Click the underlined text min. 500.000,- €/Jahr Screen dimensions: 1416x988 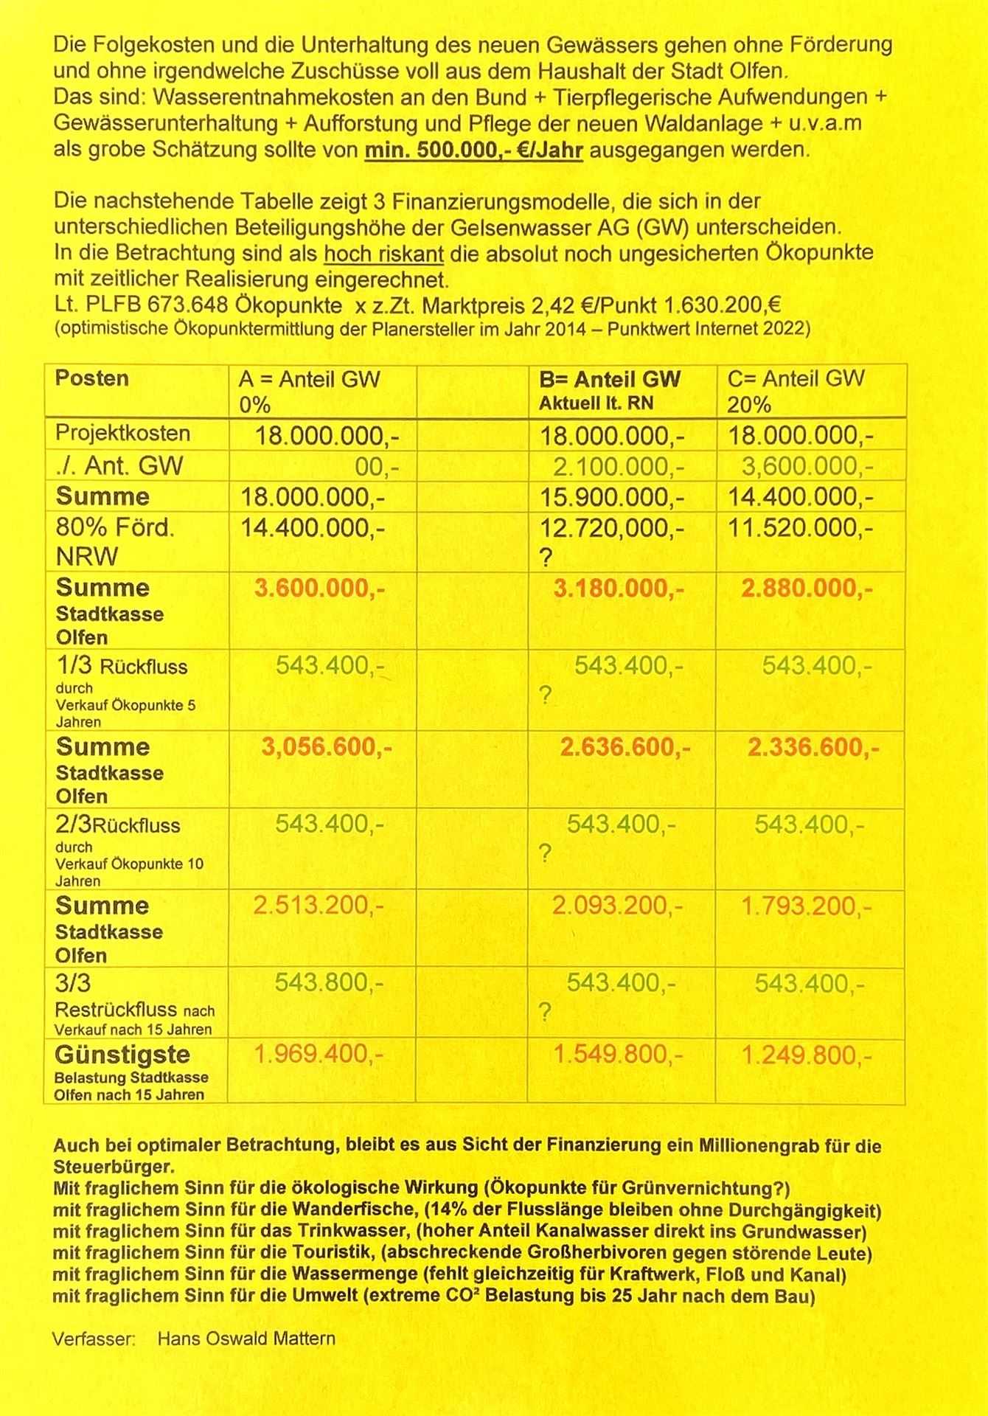(x=474, y=150)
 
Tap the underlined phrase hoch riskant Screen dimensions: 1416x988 (x=383, y=254)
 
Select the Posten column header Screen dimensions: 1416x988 (x=91, y=378)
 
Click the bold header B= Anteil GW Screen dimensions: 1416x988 (x=610, y=380)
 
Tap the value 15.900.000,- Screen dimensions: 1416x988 (x=612, y=498)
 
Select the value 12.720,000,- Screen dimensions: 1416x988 (x=612, y=529)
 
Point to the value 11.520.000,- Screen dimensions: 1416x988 (x=801, y=529)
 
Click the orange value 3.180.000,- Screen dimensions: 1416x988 (x=619, y=589)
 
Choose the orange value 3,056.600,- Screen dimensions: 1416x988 (x=326, y=748)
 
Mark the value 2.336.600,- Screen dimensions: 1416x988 (x=813, y=748)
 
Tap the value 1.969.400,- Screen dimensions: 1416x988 (x=318, y=1055)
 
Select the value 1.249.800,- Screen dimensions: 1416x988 (x=807, y=1056)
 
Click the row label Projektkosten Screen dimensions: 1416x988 (x=122, y=434)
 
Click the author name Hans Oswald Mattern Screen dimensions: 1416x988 (x=246, y=1339)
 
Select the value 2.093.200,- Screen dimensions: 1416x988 (x=618, y=906)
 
